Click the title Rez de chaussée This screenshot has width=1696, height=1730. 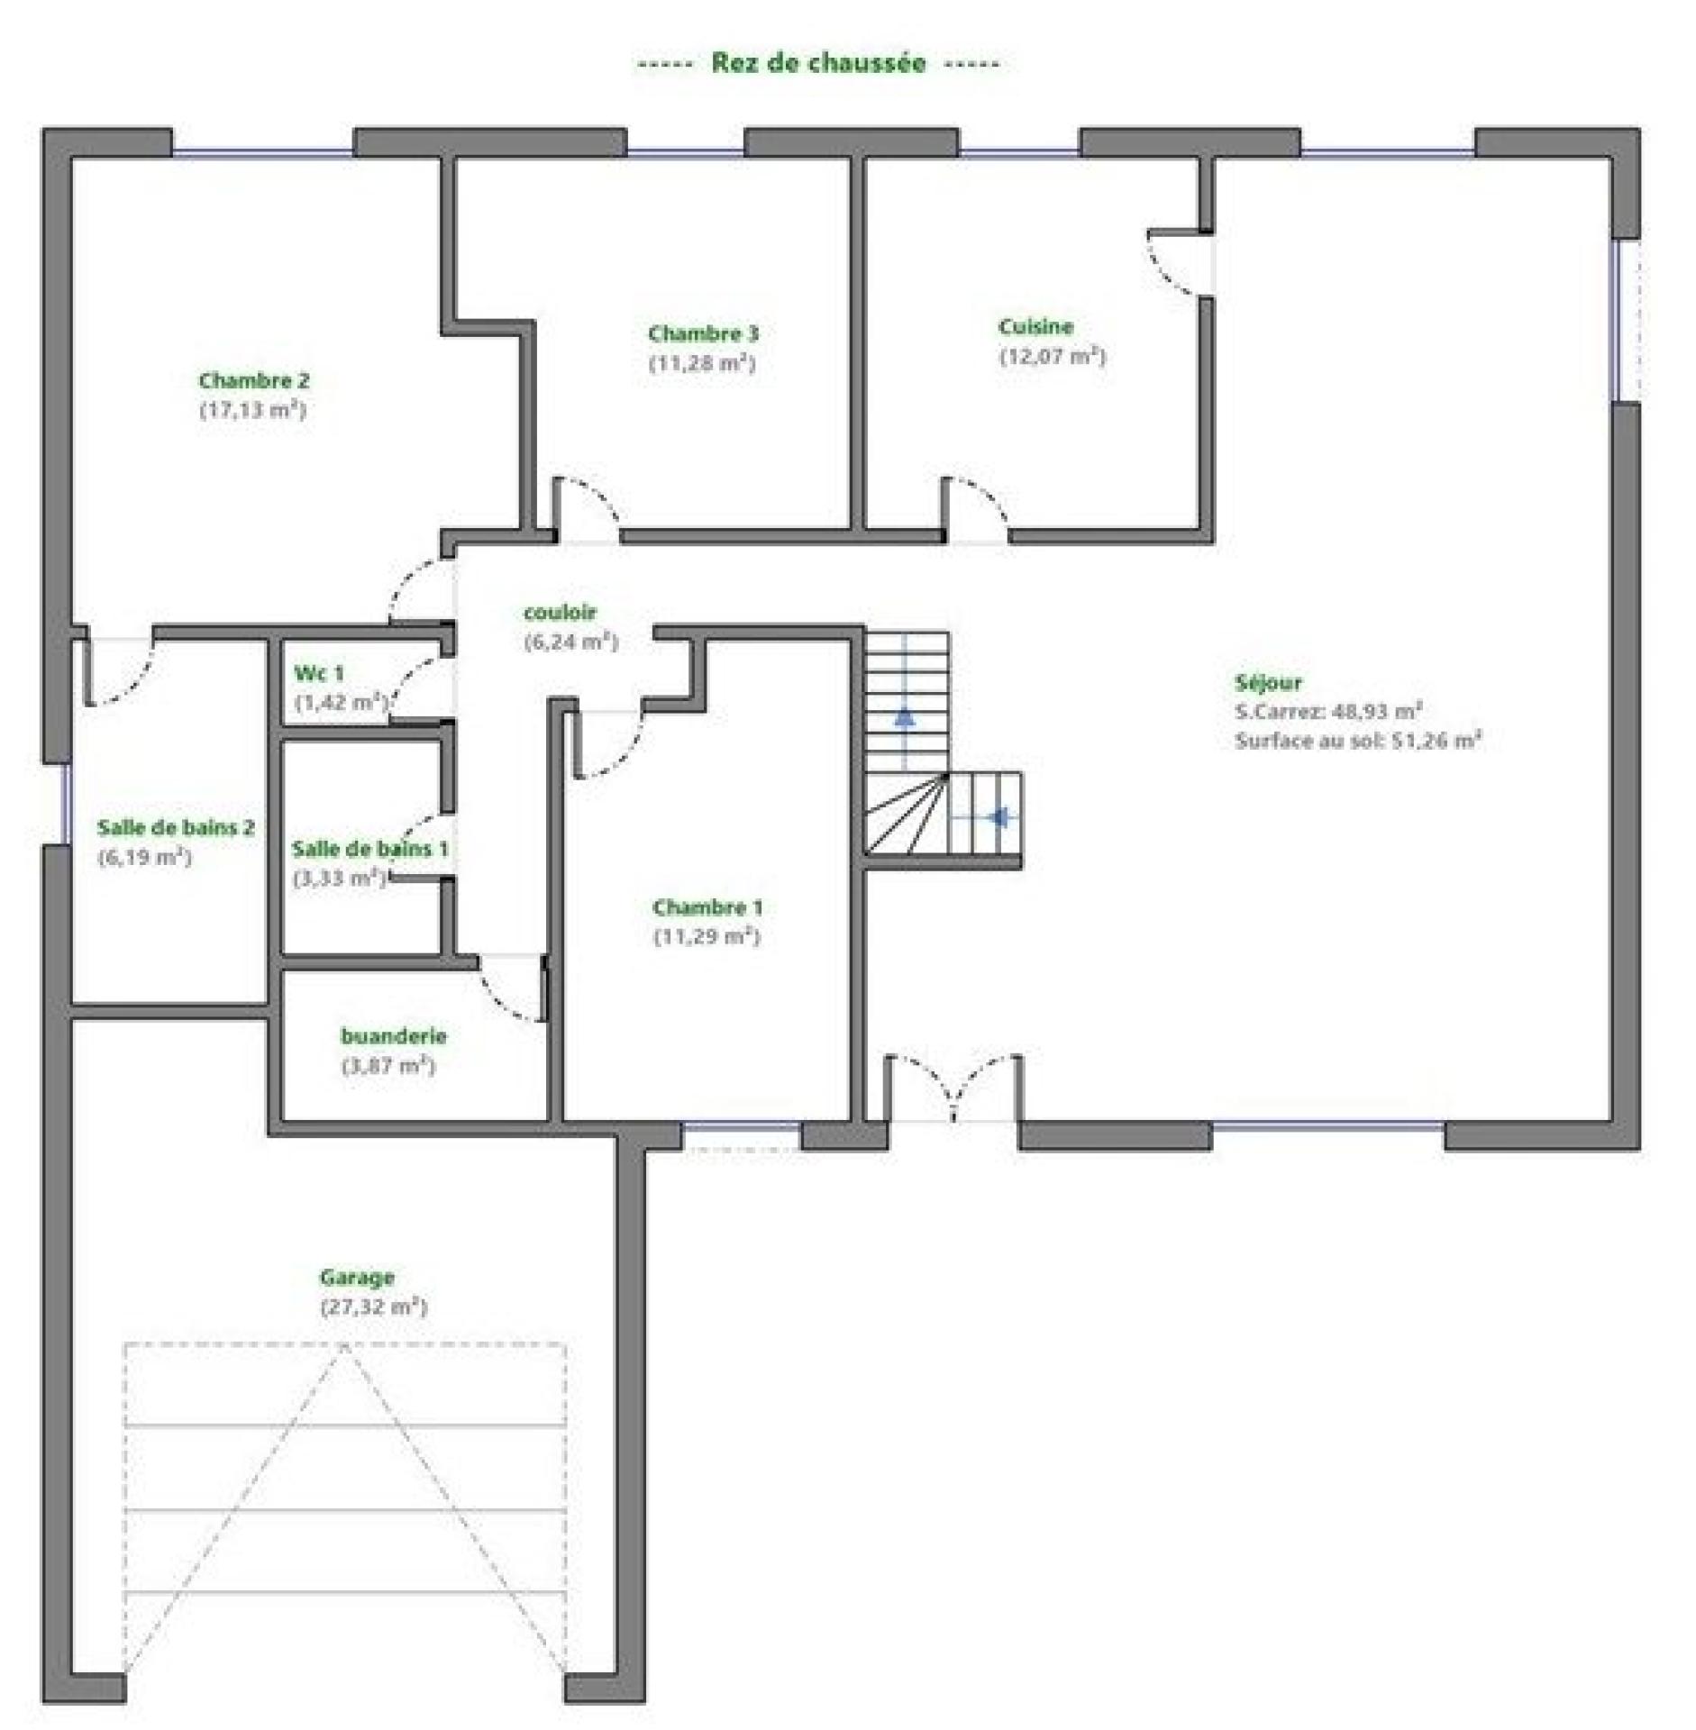tap(818, 62)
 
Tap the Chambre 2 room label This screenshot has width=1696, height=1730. tap(254, 380)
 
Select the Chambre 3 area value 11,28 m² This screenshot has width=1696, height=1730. tap(702, 363)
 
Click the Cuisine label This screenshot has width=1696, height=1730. tap(1035, 326)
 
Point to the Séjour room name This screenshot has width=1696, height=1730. tap(1268, 682)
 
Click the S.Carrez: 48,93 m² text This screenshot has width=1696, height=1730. tap(1328, 711)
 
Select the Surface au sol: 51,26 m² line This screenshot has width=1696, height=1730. tap(1358, 741)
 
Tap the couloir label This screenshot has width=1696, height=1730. tap(560, 612)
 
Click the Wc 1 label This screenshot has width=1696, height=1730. tap(319, 672)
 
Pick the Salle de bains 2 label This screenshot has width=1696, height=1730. tap(176, 827)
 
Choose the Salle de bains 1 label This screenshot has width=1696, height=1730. tap(369, 848)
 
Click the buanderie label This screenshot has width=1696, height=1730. tap(393, 1035)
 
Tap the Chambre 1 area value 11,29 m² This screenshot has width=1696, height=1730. tap(707, 937)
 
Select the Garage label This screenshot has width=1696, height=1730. tap(357, 1277)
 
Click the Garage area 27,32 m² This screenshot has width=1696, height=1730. tap(373, 1307)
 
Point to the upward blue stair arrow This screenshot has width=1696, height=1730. tap(904, 717)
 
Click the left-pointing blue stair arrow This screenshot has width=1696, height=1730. tap(998, 817)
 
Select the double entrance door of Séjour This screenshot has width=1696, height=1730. tap(953, 1088)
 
